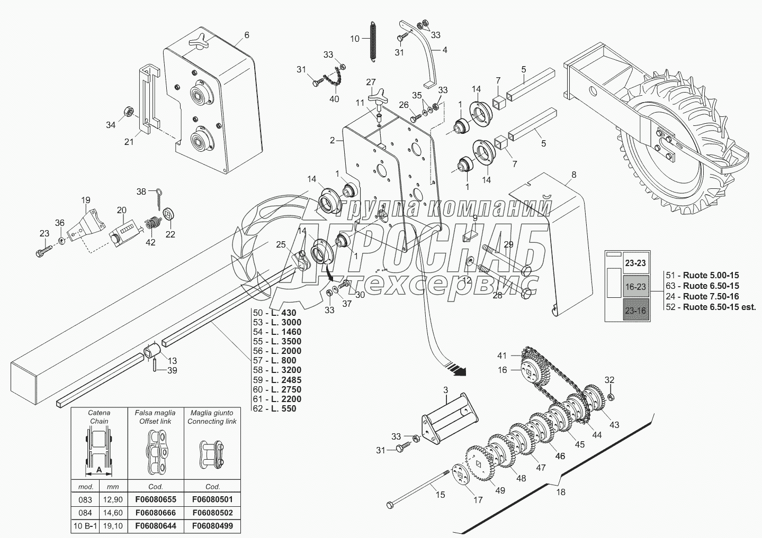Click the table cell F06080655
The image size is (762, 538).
pos(156,499)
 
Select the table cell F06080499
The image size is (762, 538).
pos(212,526)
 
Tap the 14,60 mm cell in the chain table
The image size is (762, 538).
pos(113,513)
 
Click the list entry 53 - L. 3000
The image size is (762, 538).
pos(277,322)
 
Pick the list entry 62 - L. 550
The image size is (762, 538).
pos(274,408)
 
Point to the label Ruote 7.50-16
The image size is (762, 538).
pos(711,296)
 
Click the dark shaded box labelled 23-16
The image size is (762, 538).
pos(635,311)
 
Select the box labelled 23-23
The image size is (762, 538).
pos(635,263)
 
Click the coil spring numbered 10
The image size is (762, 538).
pos(373,41)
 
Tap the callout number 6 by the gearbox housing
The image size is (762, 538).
pos(247,35)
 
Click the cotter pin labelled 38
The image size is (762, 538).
pos(159,198)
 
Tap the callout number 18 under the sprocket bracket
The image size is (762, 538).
pos(560,492)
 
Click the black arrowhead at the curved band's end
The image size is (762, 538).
pos(460,372)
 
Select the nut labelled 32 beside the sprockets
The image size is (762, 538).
pos(610,397)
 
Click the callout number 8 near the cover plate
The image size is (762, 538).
pos(574,175)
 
